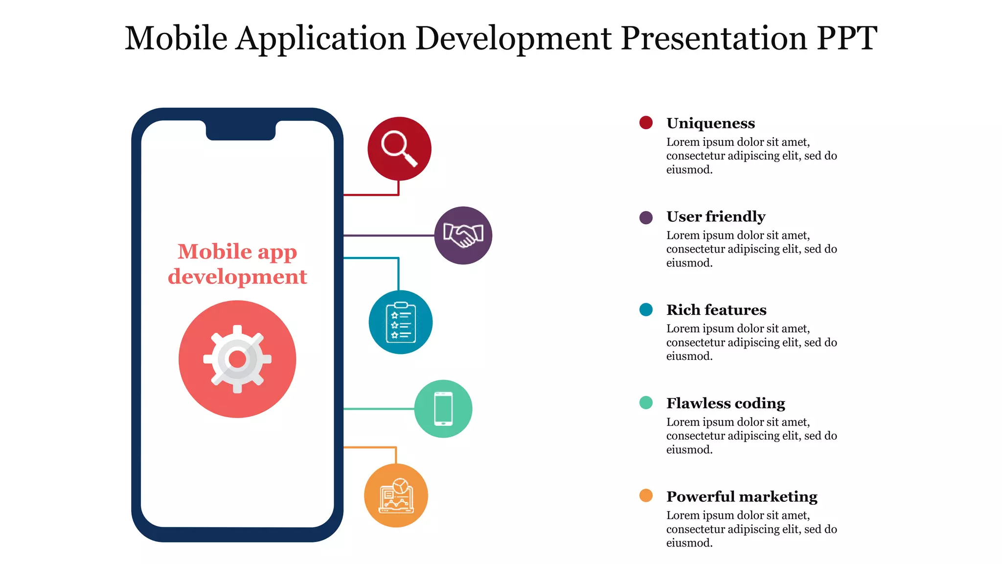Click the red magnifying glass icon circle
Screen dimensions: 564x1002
pos(399,148)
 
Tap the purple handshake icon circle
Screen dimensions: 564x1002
pos(463,235)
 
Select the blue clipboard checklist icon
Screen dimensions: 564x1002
pos(400,322)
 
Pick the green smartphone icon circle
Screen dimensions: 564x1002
pos(443,409)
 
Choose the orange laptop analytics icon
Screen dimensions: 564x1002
pos(396,495)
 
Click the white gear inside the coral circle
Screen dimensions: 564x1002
pos(237,359)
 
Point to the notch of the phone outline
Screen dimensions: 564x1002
pos(241,131)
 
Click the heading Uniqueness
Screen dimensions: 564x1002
pos(710,123)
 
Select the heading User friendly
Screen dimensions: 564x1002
pos(716,216)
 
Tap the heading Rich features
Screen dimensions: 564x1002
pos(716,310)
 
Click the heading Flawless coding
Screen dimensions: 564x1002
pos(726,403)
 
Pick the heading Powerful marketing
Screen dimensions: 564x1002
pos(742,496)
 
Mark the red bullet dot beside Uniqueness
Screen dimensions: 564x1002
pos(646,122)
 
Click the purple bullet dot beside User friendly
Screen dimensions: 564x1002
pos(646,217)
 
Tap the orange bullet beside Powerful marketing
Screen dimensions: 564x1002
pos(646,495)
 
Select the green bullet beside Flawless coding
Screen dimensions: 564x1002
pos(646,402)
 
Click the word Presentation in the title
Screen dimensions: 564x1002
pos(714,38)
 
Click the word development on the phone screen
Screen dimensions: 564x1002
pos(237,277)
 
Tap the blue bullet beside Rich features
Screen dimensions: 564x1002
pos(646,309)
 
